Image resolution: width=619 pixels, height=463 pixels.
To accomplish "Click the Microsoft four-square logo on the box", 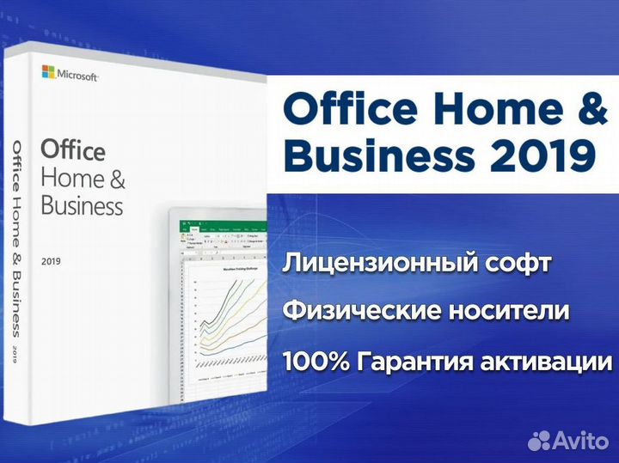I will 48,71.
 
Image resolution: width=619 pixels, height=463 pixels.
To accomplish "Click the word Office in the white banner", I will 344,112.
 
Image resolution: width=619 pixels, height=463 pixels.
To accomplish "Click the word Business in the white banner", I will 378,156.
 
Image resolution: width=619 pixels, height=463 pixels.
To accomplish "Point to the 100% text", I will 316,360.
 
